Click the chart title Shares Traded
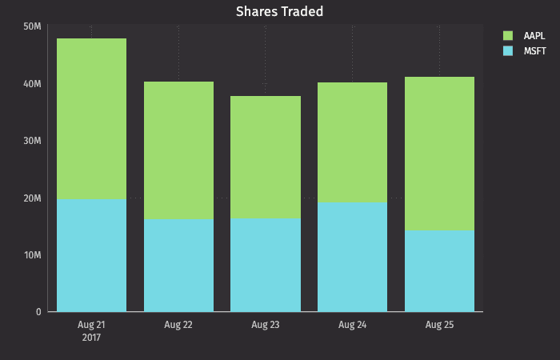pos(279,11)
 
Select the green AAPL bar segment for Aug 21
pos(91,118)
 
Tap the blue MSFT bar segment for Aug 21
pos(91,255)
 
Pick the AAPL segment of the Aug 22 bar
pos(178,150)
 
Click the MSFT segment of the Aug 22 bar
pos(178,265)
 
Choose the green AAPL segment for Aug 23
pos(266,158)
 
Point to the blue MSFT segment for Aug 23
pos(266,265)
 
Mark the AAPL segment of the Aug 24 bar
pos(352,142)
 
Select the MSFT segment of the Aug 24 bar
pos(352,257)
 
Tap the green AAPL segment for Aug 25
pos(439,154)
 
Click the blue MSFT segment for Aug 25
pos(439,270)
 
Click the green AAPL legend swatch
pos(507,36)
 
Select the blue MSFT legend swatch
pos(507,51)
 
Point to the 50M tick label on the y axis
pos(33,26)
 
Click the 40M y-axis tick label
pos(33,84)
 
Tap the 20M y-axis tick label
pos(33,198)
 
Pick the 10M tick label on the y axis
pos(33,255)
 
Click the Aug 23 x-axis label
pos(266,325)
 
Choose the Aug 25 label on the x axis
pos(439,325)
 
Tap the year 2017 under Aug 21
pos(91,338)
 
